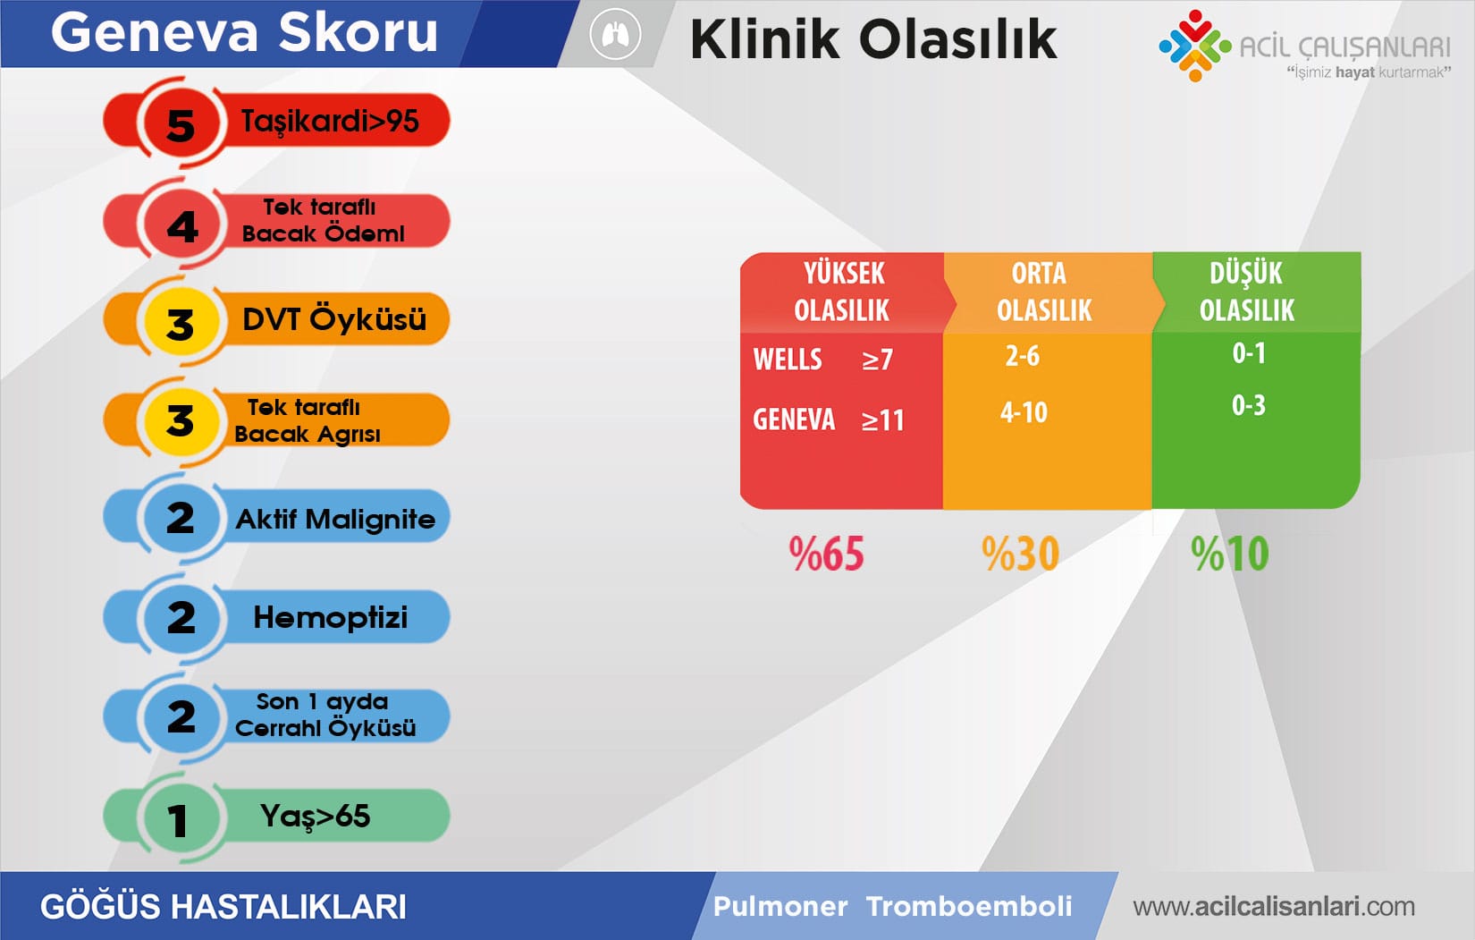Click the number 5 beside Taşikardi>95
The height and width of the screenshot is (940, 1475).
(x=181, y=124)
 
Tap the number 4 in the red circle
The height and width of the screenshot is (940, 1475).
(x=182, y=225)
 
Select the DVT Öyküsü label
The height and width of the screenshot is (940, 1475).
(x=333, y=319)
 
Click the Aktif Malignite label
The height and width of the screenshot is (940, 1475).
(x=335, y=519)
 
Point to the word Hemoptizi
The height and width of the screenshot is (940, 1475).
(x=330, y=617)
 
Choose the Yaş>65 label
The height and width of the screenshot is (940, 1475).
(x=315, y=816)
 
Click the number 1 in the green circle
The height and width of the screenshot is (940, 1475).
(x=178, y=820)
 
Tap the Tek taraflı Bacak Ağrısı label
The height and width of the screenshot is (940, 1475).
(x=307, y=420)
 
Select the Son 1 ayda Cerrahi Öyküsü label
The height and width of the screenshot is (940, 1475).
(x=324, y=715)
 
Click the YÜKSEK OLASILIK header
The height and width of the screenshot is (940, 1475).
(x=842, y=292)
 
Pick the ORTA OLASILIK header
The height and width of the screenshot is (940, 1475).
(x=1043, y=292)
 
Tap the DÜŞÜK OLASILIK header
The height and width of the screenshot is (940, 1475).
(x=1246, y=292)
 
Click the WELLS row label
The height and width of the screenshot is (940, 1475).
(x=788, y=360)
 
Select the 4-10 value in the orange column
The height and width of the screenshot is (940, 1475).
(x=1024, y=412)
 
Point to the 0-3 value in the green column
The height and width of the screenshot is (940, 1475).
(x=1248, y=405)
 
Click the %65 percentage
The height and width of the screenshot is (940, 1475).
(x=826, y=554)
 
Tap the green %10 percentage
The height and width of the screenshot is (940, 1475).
(x=1229, y=554)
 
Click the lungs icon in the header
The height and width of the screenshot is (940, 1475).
(x=615, y=36)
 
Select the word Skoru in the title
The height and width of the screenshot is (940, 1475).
(x=358, y=33)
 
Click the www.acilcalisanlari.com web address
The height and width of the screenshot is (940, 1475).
(x=1273, y=907)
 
